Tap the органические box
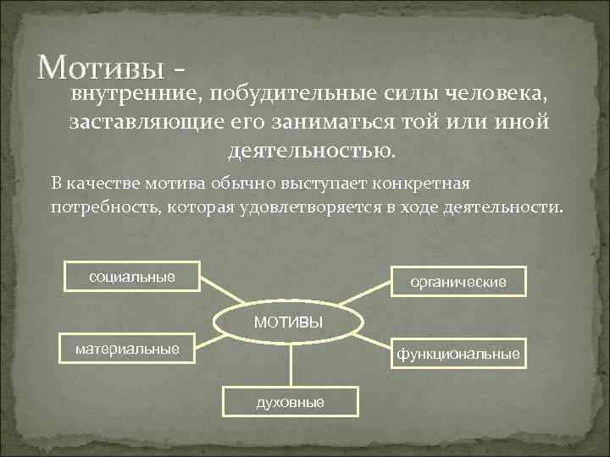pyautogui.click(x=457, y=282)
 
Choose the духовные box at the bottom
pyautogui.click(x=290, y=402)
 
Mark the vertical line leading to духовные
pyautogui.click(x=291, y=364)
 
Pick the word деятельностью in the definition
pyautogui.click(x=311, y=152)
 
